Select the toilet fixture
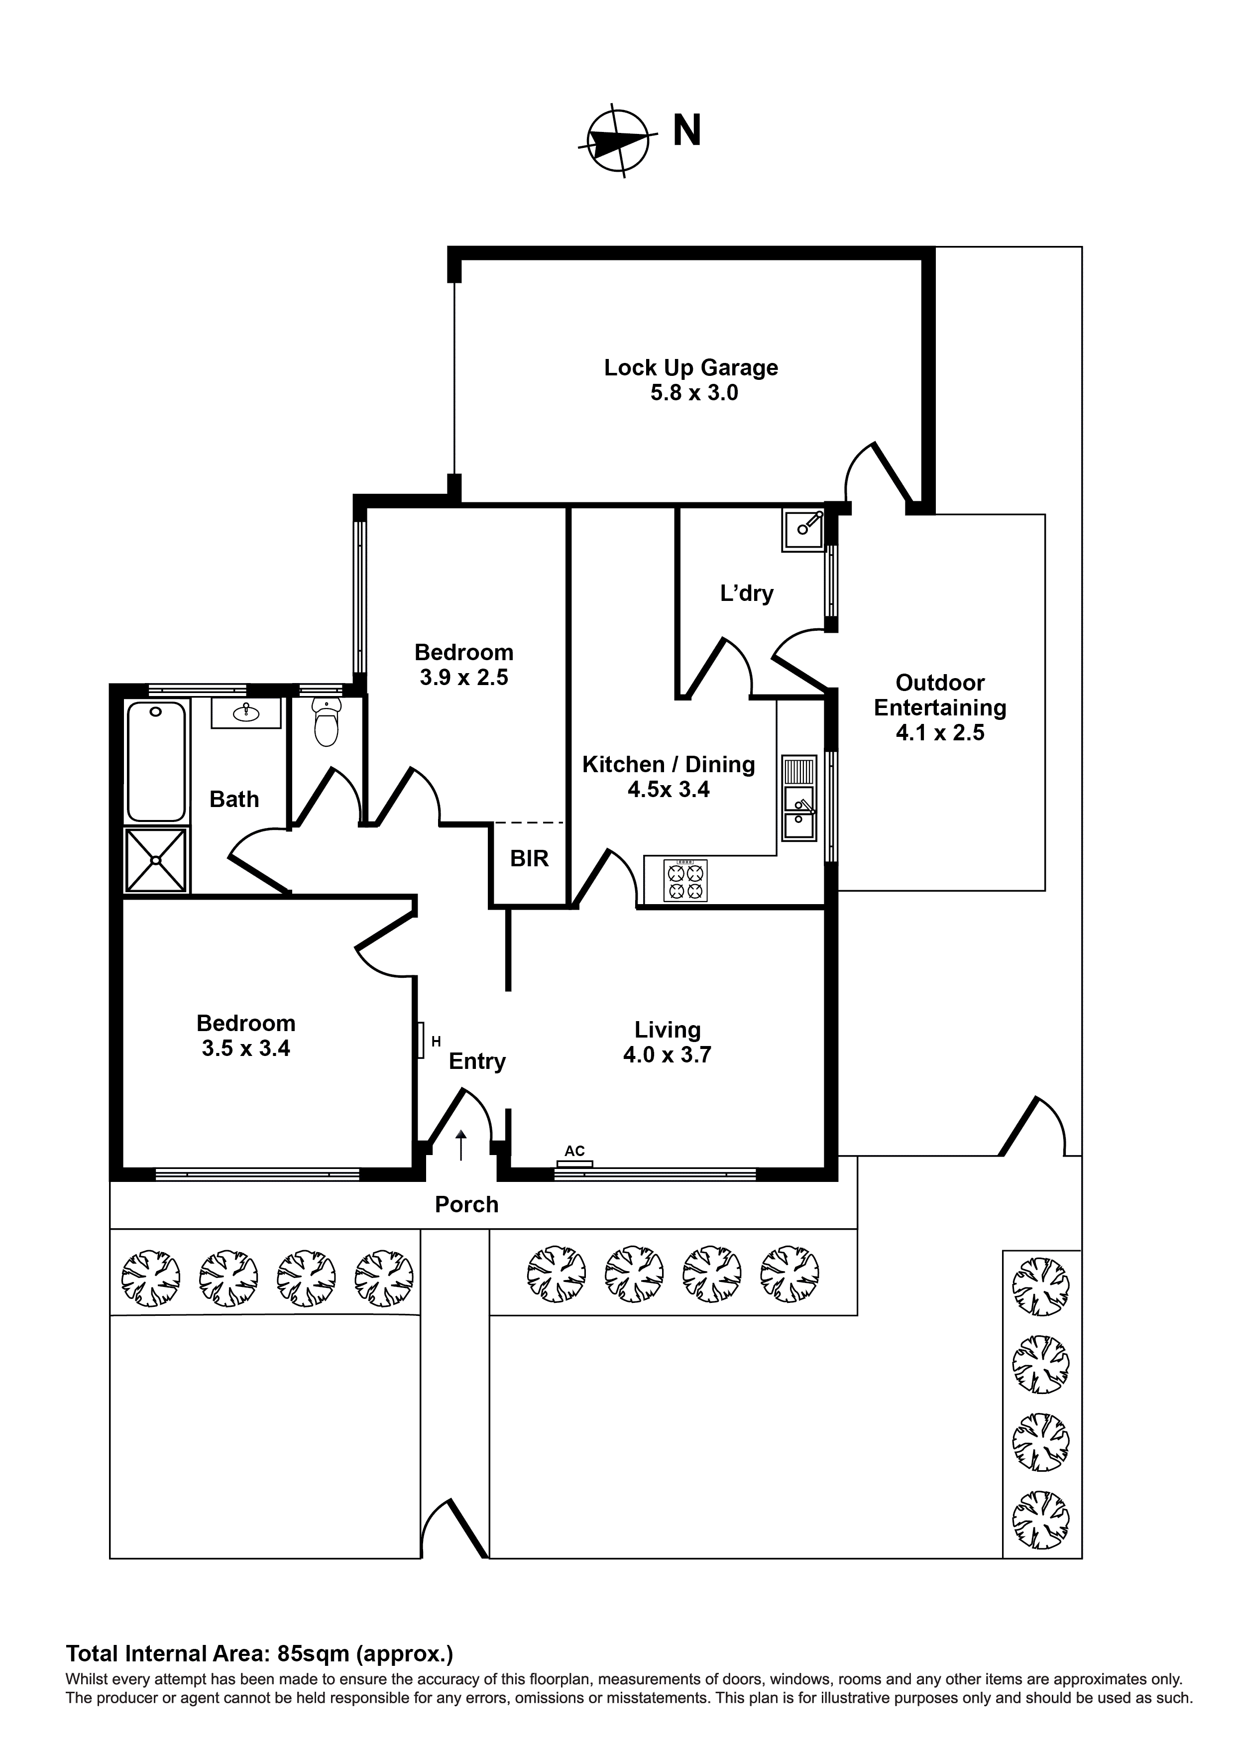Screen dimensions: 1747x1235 pos(327,723)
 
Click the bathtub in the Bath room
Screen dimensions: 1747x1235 pos(156,761)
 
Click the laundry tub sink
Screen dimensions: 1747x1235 pos(803,530)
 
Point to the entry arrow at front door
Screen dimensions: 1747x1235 pos(461,1145)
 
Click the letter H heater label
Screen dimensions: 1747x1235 pos(436,1042)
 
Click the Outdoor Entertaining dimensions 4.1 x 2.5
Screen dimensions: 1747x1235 pos(940,733)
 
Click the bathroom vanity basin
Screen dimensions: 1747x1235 pos(246,713)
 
